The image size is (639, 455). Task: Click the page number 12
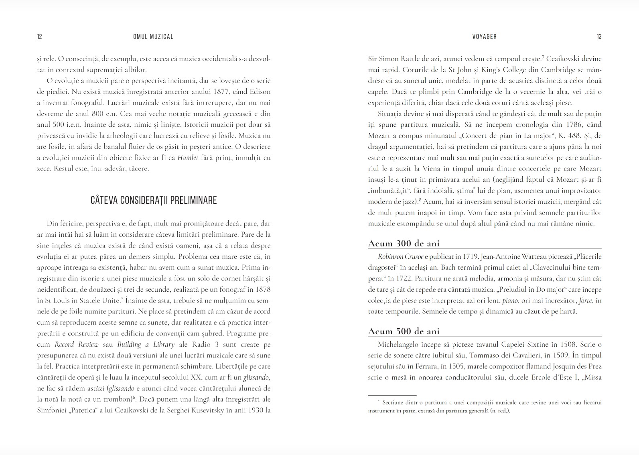[39, 37]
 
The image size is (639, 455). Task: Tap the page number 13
[599, 37]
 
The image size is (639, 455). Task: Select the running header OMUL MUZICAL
[153, 37]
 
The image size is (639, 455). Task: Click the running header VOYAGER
[485, 37]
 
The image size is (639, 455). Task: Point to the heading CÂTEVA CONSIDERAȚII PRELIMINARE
[154, 200]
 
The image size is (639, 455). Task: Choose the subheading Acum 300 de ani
[404, 244]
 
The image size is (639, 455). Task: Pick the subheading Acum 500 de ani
[404, 331]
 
